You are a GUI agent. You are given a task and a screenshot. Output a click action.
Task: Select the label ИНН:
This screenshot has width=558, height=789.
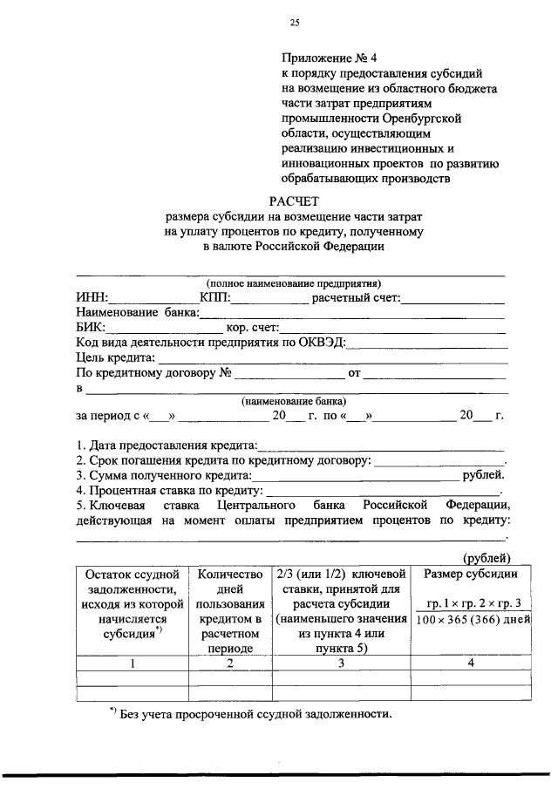coord(92,299)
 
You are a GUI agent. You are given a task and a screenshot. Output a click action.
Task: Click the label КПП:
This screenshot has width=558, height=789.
coord(214,299)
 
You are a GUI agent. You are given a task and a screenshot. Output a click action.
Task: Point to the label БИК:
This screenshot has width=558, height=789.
coord(91,328)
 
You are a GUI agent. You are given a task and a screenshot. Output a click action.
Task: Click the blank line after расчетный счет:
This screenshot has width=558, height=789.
coord(453,299)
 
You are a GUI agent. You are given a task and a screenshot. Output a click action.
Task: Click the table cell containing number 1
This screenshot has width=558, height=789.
coord(132,663)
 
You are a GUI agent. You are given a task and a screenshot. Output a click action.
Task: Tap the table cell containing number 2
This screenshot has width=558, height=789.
coord(230,663)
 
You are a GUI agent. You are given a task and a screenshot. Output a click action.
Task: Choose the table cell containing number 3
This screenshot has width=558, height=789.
coord(341,663)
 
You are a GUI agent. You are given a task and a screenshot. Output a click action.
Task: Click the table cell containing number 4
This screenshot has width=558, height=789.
coord(470,663)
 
